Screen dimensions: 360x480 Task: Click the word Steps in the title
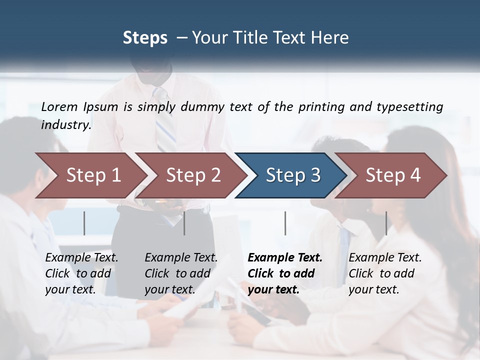tap(145, 37)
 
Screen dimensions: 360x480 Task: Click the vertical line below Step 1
tap(84, 223)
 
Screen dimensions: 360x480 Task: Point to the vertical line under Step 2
tap(184, 223)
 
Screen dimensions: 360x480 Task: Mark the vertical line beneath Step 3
tap(285, 223)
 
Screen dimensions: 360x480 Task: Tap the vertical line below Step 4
tap(386, 223)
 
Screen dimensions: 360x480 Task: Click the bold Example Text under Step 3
tap(285, 258)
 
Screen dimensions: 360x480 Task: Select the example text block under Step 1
tap(81, 273)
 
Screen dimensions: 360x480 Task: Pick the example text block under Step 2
tap(181, 273)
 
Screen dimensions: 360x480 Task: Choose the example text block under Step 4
tap(385, 273)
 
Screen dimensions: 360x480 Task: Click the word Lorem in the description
tap(59, 106)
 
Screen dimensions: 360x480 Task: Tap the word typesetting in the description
tap(409, 107)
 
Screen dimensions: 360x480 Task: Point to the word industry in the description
tap(66, 125)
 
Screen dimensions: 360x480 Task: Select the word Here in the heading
tap(332, 37)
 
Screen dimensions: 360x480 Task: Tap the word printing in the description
tap(319, 107)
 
